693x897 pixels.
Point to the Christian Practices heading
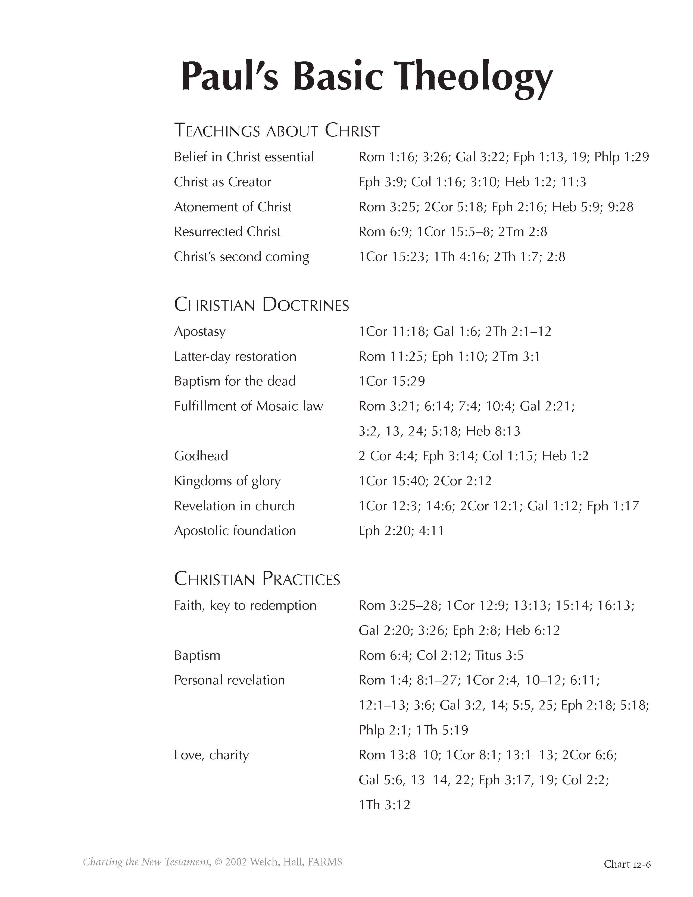pos(257,579)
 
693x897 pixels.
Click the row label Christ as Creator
pos(223,182)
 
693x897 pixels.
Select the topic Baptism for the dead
pos(235,381)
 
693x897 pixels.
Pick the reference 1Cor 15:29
pos(392,381)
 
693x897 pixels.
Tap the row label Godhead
pos(201,456)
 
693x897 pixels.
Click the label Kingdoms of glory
pos(227,481)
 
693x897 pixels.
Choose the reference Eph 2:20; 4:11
pos(401,531)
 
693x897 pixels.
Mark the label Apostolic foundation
pos(235,531)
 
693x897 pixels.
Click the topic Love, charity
pos(211,755)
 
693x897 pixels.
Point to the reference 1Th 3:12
pos(384,805)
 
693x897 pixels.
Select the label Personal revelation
pos(229,680)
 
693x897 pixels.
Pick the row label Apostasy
pos(200,331)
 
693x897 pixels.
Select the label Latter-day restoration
pos(235,357)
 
